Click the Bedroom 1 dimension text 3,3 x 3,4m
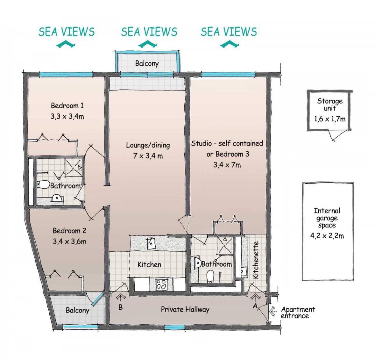(x=67, y=117)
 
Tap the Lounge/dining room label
(x=148, y=145)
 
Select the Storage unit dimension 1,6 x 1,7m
(x=330, y=119)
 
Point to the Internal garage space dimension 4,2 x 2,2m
(x=327, y=236)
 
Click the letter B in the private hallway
(x=120, y=307)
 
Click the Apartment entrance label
(x=298, y=313)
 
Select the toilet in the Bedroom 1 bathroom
(x=44, y=185)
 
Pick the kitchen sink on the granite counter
(x=151, y=243)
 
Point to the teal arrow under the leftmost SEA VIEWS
(x=66, y=44)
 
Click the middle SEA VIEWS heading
(x=149, y=32)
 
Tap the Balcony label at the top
(x=147, y=63)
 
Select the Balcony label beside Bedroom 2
(x=77, y=310)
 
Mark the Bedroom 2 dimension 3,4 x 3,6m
(x=69, y=241)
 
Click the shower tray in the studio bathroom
(x=225, y=245)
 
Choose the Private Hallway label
(x=185, y=310)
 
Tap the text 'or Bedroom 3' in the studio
(x=228, y=154)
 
